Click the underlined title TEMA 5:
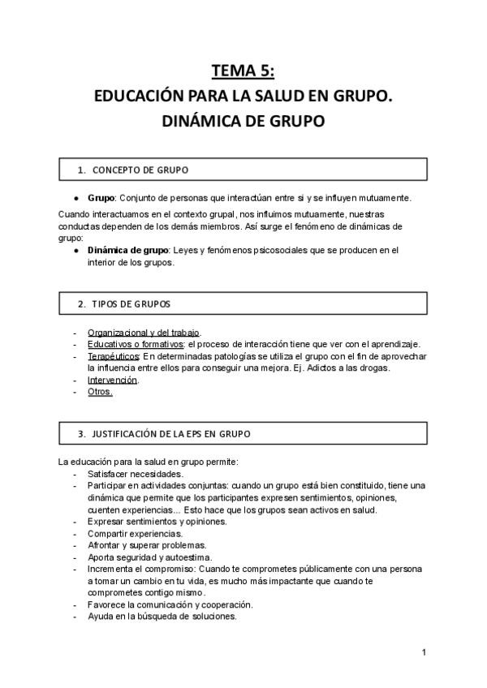243,71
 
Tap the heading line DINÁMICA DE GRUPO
243,122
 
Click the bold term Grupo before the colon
101,199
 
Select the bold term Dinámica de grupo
123,251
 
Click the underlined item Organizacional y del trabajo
144,333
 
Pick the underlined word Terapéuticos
114,356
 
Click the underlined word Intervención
113,380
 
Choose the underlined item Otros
100,392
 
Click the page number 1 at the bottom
424,652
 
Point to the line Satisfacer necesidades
135,474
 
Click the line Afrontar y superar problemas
147,545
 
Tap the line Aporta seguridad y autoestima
150,557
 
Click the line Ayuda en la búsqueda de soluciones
162,617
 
